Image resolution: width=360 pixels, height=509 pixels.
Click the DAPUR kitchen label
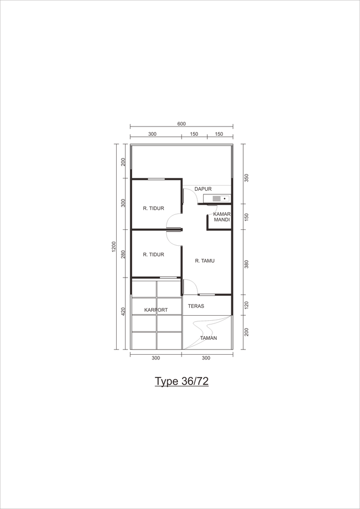203,189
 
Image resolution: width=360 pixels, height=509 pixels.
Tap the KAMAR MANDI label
222,217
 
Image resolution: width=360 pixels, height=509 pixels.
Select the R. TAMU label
205,260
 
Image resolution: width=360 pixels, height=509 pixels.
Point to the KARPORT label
156,310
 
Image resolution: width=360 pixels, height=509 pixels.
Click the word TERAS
196,306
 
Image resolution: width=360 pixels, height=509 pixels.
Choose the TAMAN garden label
208,338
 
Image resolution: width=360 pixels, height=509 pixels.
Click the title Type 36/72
182,381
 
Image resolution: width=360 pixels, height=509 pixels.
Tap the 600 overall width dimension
182,124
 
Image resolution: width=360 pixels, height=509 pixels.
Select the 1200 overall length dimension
114,247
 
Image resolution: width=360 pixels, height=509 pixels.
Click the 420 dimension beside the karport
123,312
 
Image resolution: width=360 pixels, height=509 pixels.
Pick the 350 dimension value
246,178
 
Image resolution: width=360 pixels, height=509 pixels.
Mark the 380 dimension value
246,265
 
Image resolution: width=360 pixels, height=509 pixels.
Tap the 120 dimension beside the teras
246,305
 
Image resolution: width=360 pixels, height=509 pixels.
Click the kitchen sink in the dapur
217,198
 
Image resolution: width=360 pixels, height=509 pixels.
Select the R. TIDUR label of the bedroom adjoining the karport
154,254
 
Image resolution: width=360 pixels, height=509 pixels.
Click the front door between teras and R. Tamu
190,287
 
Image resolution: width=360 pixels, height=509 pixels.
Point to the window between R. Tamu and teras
207,295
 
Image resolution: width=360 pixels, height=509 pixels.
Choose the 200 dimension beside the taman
246,332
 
